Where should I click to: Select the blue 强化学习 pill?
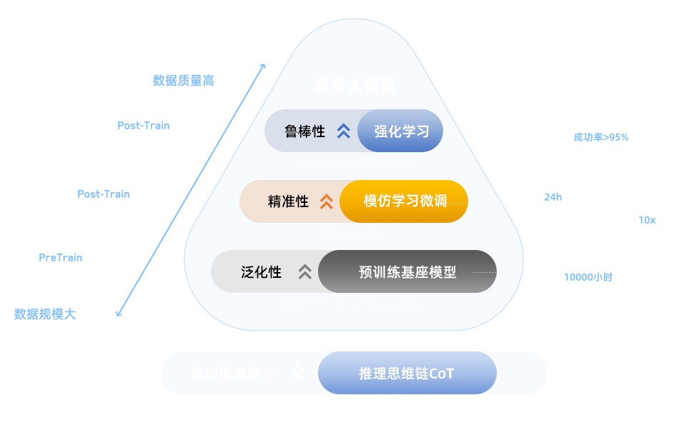[x=401, y=131]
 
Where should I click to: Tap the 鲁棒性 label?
[x=304, y=131]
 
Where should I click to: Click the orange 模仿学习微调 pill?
[x=405, y=201]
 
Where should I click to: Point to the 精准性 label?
[x=288, y=201]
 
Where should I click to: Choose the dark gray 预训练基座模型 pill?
[x=407, y=271]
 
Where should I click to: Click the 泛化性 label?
[x=261, y=271]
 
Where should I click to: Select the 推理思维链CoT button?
[x=407, y=374]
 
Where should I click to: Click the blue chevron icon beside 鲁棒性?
[x=344, y=131]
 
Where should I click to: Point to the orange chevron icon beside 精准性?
[x=326, y=201]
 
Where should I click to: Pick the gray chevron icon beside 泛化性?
[x=305, y=271]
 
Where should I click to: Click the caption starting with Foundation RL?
[x=354, y=163]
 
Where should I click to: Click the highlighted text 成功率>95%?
[x=601, y=137]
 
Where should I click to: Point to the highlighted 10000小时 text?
[x=588, y=277]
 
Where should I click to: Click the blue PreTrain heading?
[x=61, y=258]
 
